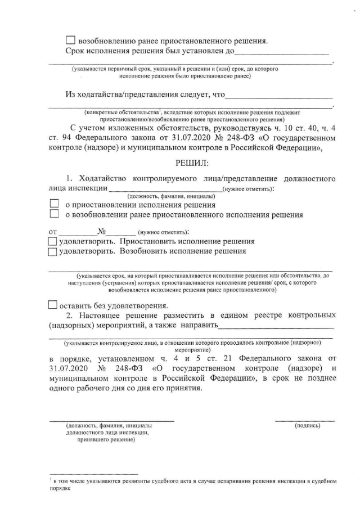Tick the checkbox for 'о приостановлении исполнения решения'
click(x=54, y=205)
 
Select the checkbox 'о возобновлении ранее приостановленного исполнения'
click(x=54, y=214)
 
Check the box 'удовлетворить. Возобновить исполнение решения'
click(x=53, y=252)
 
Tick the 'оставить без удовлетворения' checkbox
click(x=53, y=305)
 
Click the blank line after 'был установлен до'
click(x=281, y=53)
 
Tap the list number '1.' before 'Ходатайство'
click(x=70, y=179)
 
